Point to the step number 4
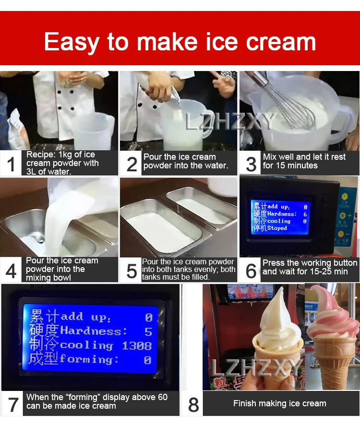12,271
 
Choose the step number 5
132,271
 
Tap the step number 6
251,271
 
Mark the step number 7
12,404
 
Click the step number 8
193,404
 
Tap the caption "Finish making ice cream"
279,403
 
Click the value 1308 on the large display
136,345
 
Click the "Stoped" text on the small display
277,228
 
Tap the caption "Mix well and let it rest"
304,157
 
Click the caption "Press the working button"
310,263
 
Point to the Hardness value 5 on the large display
148,331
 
